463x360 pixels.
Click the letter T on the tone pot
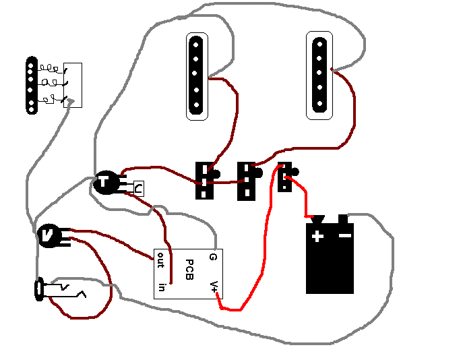point(105,181)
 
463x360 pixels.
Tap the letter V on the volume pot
point(47,235)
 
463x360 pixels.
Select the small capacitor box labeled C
point(137,189)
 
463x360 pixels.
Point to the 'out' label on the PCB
point(160,260)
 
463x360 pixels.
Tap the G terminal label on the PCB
point(213,257)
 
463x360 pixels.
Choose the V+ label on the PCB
point(214,287)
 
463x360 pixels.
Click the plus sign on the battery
point(317,236)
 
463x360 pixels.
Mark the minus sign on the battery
point(344,235)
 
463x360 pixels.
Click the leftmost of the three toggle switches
point(204,180)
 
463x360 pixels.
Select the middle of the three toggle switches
point(247,180)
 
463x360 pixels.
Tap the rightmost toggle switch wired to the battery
point(286,177)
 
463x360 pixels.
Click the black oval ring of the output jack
point(39,290)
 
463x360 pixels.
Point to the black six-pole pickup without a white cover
point(30,86)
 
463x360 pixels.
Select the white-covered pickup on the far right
point(319,76)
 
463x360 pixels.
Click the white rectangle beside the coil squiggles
point(73,85)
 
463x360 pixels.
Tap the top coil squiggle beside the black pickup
point(49,68)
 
